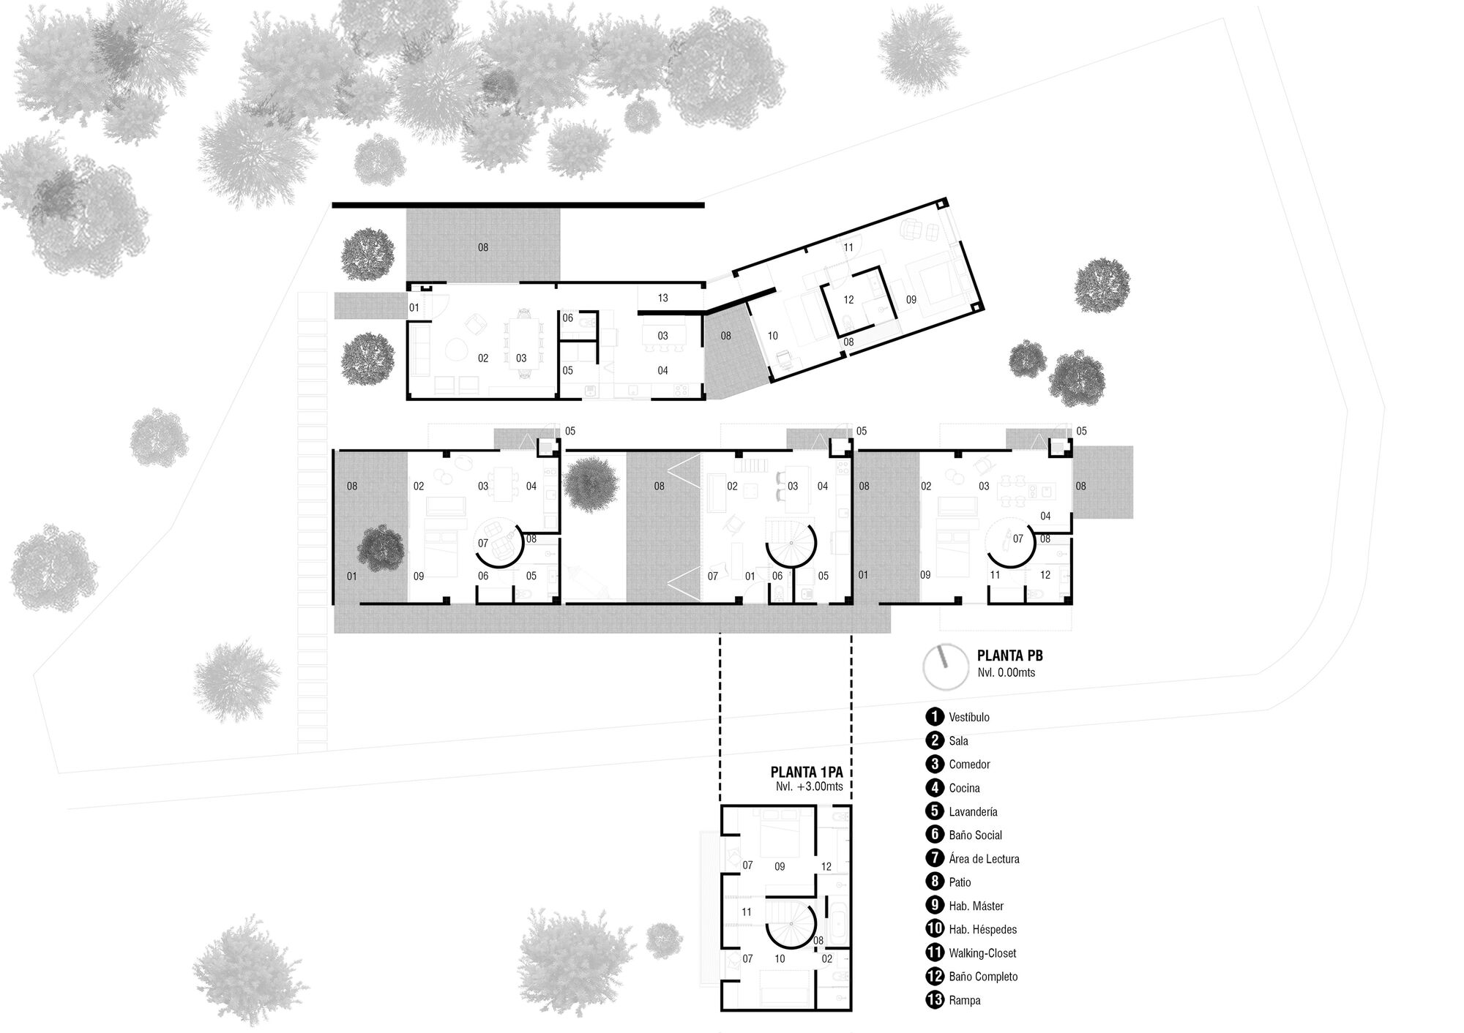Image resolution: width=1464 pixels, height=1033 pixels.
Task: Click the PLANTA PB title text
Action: point(1009,656)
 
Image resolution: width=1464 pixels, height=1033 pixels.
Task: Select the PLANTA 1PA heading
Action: point(811,773)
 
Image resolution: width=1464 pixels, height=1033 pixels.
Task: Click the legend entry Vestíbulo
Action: point(968,717)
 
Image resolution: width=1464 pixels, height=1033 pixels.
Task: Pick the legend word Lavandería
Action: point(973,811)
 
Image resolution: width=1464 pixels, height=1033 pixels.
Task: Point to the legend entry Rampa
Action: point(964,1000)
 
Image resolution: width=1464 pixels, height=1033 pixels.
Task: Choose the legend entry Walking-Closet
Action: point(982,953)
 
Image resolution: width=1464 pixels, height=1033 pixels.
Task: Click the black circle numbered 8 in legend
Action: point(935,882)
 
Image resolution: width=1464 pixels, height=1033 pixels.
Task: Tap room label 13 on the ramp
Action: point(662,298)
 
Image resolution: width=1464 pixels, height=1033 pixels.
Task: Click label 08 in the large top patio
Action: point(483,247)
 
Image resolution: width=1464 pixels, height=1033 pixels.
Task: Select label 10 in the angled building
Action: point(773,336)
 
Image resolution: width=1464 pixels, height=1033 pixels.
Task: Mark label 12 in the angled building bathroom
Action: point(848,300)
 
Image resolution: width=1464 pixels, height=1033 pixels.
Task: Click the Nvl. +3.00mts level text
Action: point(810,787)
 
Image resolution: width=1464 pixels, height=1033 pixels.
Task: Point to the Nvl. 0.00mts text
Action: point(1006,672)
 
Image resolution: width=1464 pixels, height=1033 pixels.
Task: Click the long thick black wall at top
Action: point(518,206)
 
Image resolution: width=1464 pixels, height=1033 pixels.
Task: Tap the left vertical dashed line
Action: point(720,717)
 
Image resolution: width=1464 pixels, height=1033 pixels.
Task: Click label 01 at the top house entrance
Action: point(414,308)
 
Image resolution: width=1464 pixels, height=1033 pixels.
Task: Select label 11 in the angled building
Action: point(848,248)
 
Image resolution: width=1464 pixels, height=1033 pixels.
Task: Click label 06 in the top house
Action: point(568,318)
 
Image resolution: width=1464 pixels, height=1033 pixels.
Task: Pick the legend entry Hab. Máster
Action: point(976,906)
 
